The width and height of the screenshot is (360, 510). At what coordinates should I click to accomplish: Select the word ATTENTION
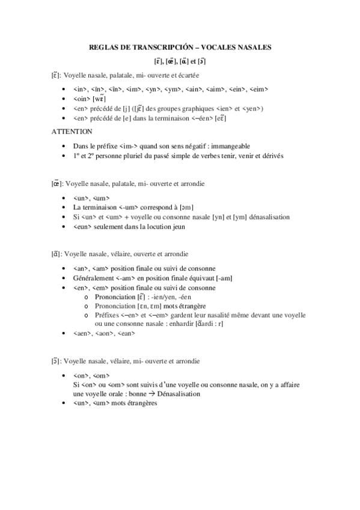click(72, 131)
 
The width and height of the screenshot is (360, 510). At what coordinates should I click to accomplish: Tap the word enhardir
click(188, 324)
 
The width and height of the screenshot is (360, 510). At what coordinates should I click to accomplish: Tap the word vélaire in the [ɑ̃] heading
click(120, 254)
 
